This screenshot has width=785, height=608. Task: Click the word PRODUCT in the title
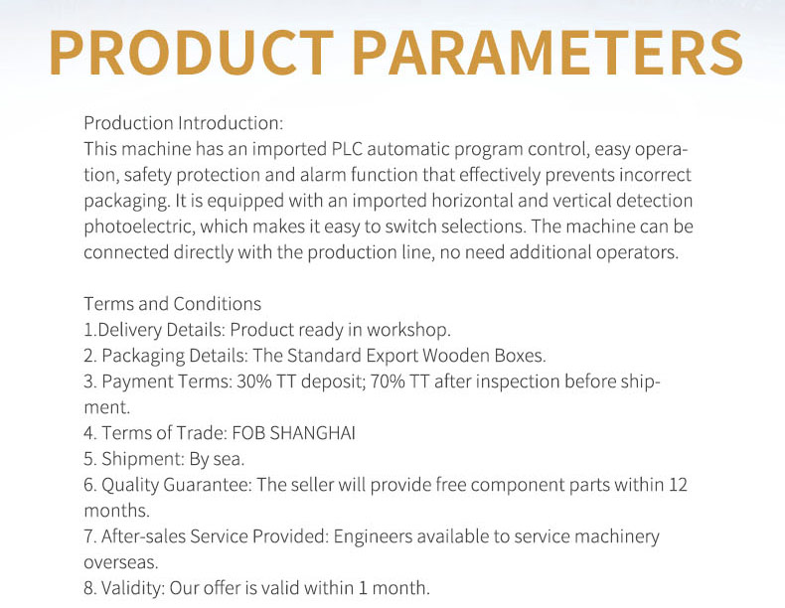coord(192,53)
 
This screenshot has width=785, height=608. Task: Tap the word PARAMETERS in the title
coord(548,53)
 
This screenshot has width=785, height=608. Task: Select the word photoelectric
coord(139,227)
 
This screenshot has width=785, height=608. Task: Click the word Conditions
coord(217,304)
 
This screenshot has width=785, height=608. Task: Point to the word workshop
coord(408,330)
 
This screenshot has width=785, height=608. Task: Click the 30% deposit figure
coord(254,381)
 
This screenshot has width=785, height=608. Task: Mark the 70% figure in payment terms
coord(388,381)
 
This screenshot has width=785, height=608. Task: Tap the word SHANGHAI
coord(312,433)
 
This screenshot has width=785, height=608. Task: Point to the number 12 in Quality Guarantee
coord(678,485)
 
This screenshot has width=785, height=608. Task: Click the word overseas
coord(120,562)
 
